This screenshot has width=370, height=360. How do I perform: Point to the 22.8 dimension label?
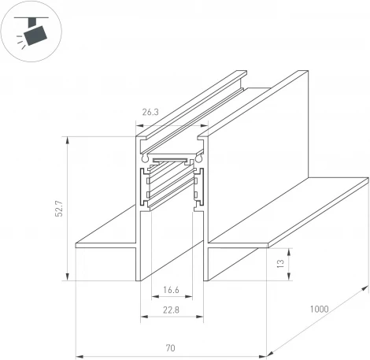[x=172, y=309]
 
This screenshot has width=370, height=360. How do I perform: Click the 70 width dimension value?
[x=171, y=345]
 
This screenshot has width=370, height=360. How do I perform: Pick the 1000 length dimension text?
[x=319, y=309]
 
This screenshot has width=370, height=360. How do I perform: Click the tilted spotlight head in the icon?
[x=35, y=35]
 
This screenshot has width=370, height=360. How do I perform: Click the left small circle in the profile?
[x=144, y=158]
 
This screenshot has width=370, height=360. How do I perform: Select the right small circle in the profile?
[x=200, y=158]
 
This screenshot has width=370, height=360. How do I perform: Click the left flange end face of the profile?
[x=76, y=245]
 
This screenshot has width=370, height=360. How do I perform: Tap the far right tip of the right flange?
[x=367, y=180]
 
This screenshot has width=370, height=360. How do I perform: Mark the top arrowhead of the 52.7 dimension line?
[x=69, y=139]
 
